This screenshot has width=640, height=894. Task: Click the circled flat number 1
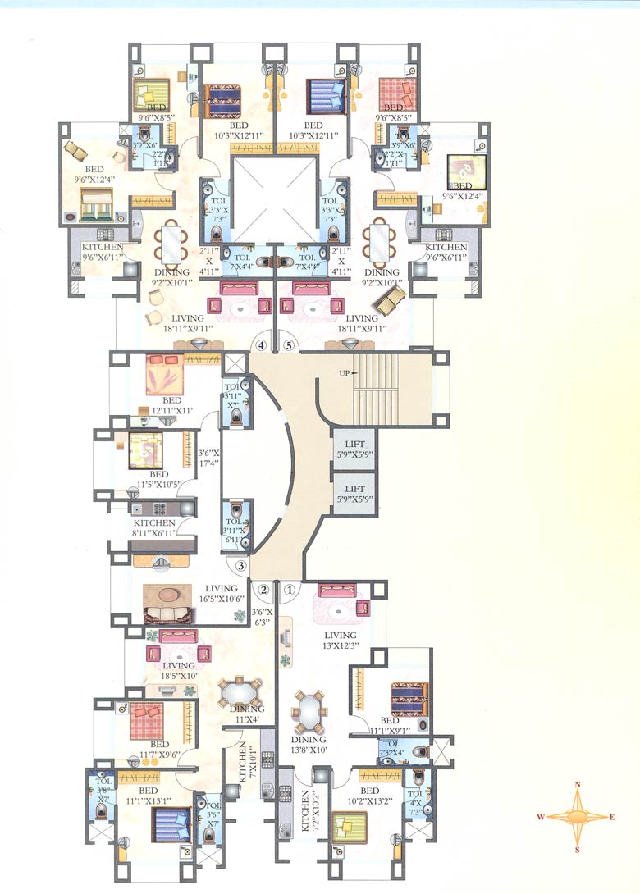point(289,588)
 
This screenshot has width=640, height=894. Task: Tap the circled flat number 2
point(264,588)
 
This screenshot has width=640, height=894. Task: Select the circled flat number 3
point(241,565)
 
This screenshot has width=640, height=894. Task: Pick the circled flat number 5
point(288,346)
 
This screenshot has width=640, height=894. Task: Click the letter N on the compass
point(578,785)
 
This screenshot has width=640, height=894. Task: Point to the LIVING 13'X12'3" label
point(340,641)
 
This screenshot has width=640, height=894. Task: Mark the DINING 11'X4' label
point(247,714)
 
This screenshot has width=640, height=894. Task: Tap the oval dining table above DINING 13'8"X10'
point(309,710)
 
